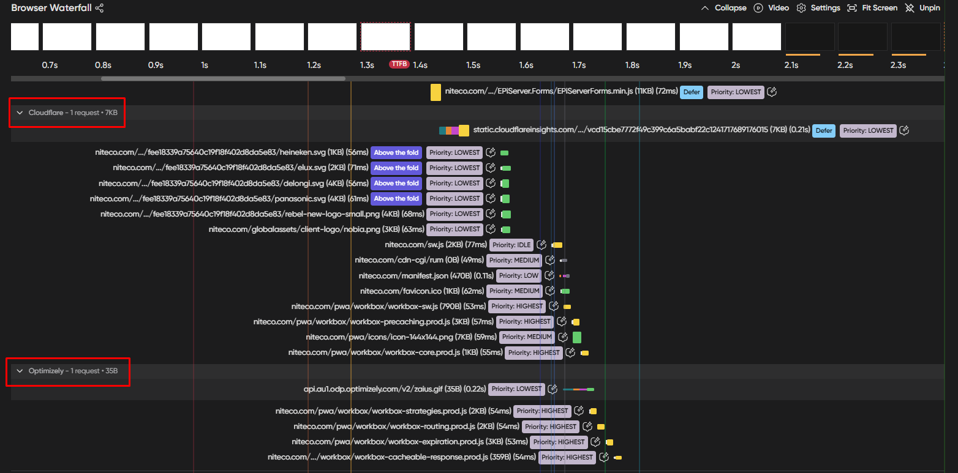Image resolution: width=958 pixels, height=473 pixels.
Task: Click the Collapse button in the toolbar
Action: (x=723, y=8)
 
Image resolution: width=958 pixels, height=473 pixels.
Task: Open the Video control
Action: (x=771, y=8)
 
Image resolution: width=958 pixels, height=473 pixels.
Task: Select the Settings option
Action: (x=818, y=8)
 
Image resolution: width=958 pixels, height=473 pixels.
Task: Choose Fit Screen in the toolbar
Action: (x=872, y=8)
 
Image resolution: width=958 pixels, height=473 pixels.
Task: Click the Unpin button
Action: (x=922, y=8)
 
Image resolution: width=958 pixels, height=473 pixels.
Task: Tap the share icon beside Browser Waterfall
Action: (x=100, y=8)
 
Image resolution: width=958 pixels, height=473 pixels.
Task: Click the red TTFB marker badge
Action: (x=399, y=64)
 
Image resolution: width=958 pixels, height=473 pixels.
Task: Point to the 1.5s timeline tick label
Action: (x=473, y=65)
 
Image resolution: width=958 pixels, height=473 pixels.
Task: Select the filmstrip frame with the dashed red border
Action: (x=385, y=37)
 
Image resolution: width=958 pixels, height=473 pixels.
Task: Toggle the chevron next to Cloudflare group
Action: (x=20, y=113)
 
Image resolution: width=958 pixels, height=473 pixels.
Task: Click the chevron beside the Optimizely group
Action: (x=20, y=371)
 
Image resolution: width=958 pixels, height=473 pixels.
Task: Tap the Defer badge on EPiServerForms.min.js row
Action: (x=691, y=92)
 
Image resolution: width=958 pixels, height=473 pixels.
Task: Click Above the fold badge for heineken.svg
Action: (x=396, y=152)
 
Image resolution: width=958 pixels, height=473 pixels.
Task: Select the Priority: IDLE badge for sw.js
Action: (x=511, y=245)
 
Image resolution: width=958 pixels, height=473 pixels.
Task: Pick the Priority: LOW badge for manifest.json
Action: (x=518, y=275)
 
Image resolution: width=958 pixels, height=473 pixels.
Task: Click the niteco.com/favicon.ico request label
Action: (x=421, y=291)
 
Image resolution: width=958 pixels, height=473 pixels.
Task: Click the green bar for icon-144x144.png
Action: (x=576, y=337)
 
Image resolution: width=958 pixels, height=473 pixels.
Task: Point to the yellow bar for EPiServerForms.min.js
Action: (x=436, y=92)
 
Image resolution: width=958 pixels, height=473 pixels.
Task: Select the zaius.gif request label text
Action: (x=394, y=389)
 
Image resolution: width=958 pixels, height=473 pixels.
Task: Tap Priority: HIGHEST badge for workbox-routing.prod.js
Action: (x=551, y=426)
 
